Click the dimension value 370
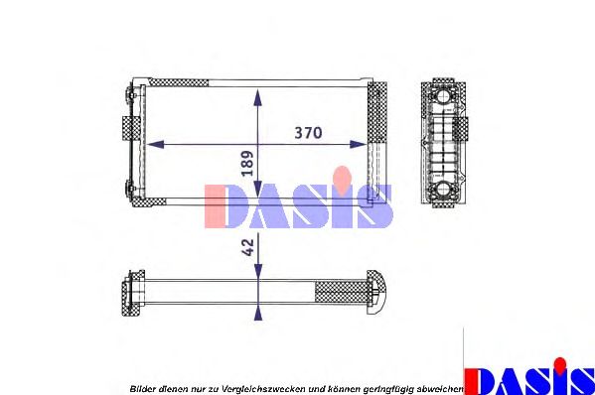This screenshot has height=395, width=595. click(x=308, y=132)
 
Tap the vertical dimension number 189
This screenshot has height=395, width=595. click(x=246, y=163)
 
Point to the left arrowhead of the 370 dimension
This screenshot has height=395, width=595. click(x=152, y=144)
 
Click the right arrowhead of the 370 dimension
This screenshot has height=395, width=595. click(x=362, y=144)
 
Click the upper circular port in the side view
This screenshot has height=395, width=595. click(x=441, y=97)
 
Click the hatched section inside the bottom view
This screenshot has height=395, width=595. click(x=339, y=292)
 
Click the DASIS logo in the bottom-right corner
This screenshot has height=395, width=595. click(x=529, y=377)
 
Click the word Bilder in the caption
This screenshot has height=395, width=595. click(x=143, y=388)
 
